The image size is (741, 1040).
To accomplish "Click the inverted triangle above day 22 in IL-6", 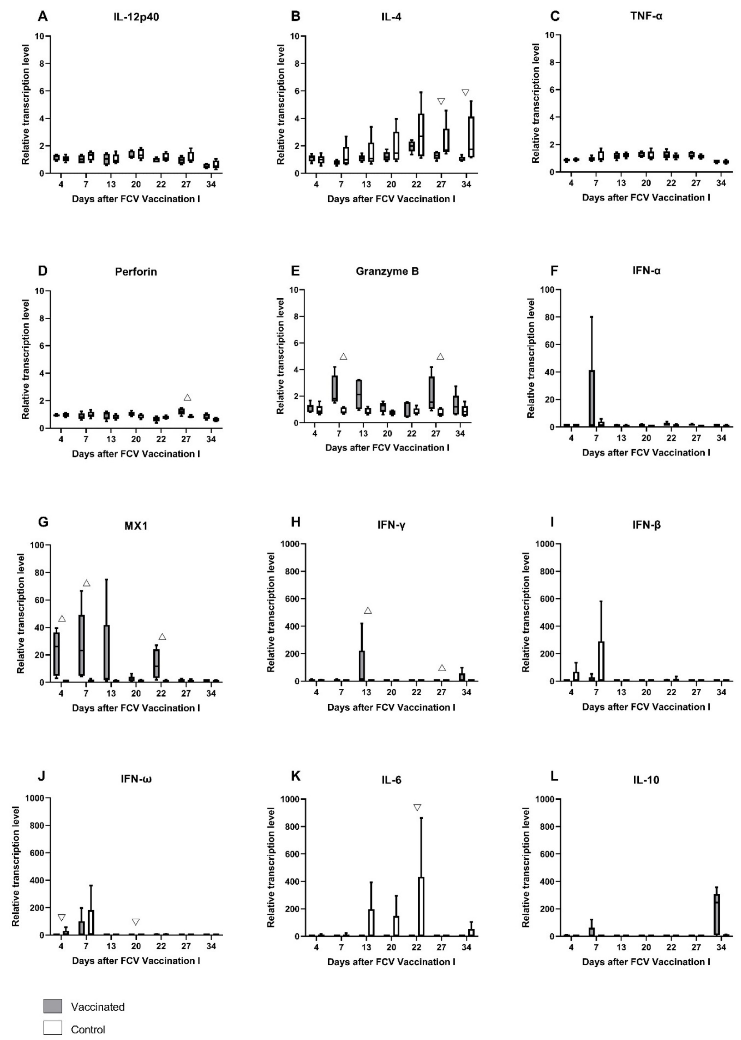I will point(417,808).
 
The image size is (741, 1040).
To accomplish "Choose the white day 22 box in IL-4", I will point(421,135).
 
